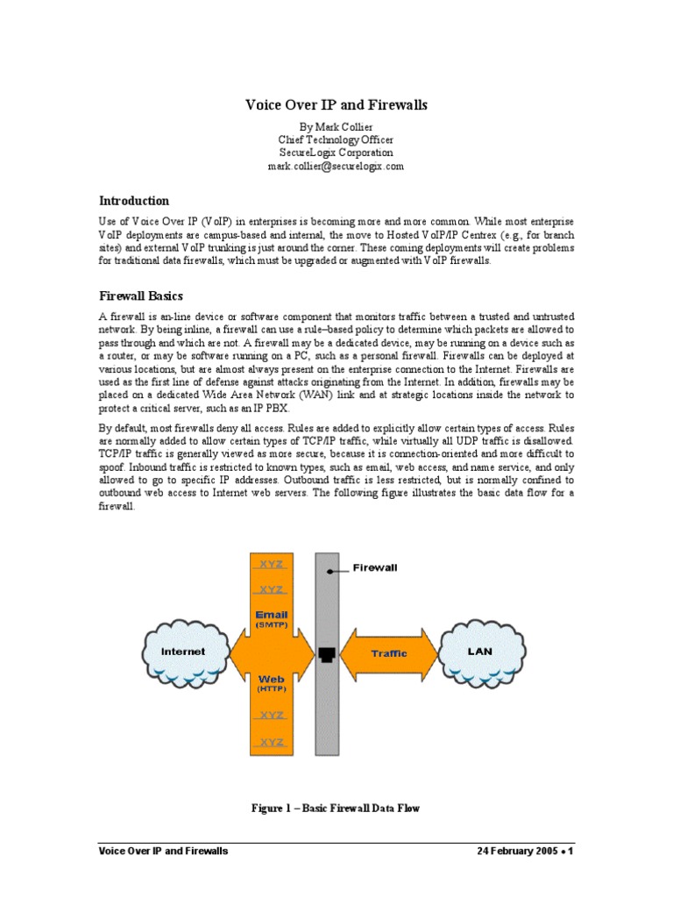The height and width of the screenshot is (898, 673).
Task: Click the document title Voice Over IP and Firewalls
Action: [x=336, y=105]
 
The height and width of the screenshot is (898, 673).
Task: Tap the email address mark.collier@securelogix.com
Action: [x=336, y=166]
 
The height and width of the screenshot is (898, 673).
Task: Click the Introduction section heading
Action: [x=133, y=201]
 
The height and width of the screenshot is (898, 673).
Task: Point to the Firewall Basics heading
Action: [x=141, y=296]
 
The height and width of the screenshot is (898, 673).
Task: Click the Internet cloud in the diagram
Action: [x=184, y=652]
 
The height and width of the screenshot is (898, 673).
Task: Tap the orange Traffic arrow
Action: [x=388, y=653]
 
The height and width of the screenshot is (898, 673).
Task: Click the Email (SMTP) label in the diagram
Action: [x=272, y=619]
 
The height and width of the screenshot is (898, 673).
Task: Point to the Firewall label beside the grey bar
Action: [x=375, y=567]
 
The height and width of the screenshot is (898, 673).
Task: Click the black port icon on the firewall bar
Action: [x=327, y=653]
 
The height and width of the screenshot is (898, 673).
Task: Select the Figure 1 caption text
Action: [x=336, y=808]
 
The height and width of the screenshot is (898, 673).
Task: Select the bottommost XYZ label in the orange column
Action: [x=272, y=742]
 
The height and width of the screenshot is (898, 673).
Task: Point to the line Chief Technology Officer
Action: [x=336, y=139]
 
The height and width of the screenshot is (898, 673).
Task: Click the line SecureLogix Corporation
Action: [x=336, y=153]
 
